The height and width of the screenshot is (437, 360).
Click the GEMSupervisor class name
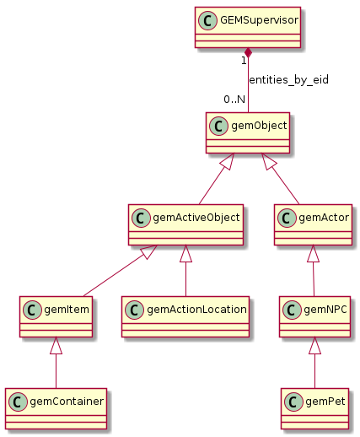(x=259, y=20)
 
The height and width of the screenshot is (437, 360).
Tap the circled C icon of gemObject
(x=218, y=126)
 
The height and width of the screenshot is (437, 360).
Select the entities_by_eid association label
(x=288, y=80)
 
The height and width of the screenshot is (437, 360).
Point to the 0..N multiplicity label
(x=234, y=100)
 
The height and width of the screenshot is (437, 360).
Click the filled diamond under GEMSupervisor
(x=248, y=53)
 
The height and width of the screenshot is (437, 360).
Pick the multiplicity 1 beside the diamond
(x=244, y=61)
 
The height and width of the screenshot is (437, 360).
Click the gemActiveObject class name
(x=196, y=218)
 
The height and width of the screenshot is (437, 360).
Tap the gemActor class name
(x=324, y=218)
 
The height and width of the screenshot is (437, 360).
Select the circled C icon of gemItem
(x=32, y=310)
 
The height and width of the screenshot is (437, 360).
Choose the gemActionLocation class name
(x=196, y=310)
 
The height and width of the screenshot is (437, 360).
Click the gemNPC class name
(x=325, y=310)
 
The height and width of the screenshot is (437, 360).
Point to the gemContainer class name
(x=67, y=402)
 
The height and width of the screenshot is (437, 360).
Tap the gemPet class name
(x=325, y=402)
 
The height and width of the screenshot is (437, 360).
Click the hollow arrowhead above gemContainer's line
(x=56, y=345)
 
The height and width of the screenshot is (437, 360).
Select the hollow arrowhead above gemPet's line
(x=314, y=345)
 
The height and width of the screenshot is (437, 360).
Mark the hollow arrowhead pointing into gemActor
(x=313, y=253)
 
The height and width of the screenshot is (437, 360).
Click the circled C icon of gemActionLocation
(x=134, y=310)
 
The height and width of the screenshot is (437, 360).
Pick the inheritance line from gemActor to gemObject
(x=281, y=179)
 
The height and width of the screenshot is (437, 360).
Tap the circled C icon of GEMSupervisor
(x=207, y=20)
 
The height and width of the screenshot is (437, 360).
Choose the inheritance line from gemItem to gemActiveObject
(x=121, y=271)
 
